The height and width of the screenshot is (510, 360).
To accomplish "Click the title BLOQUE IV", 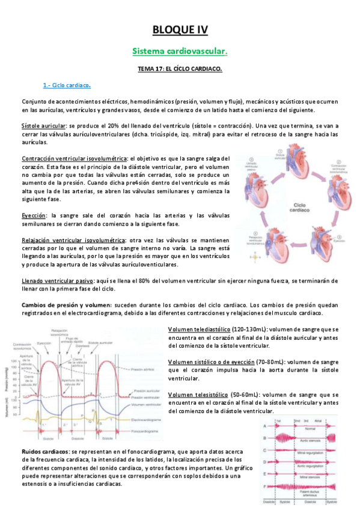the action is pyautogui.click(x=180, y=29).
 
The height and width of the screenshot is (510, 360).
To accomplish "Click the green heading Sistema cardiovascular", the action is pyautogui.click(x=180, y=52).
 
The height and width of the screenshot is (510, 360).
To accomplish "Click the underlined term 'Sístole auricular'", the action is pyautogui.click(x=42, y=126).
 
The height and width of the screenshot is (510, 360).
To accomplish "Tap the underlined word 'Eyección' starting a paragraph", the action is pyautogui.click(x=34, y=215).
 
